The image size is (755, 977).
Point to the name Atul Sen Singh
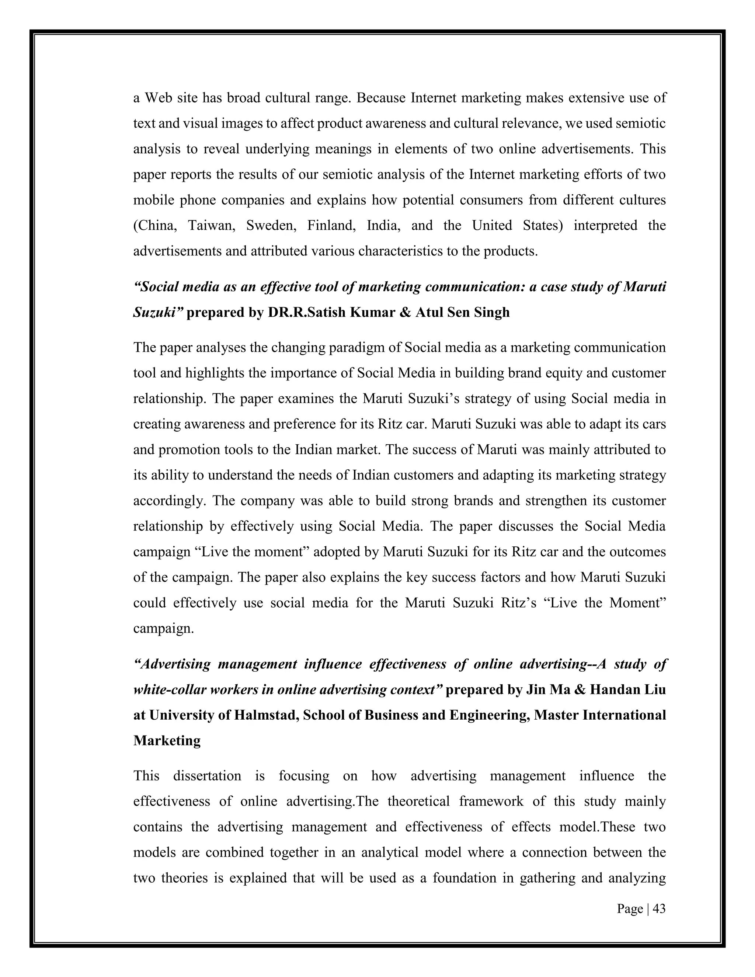463,312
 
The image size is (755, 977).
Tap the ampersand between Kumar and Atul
406,312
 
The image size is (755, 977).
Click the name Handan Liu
627,689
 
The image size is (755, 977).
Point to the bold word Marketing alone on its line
167,740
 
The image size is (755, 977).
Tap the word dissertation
207,776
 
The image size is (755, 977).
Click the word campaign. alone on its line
164,629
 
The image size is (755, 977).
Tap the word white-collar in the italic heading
169,689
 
